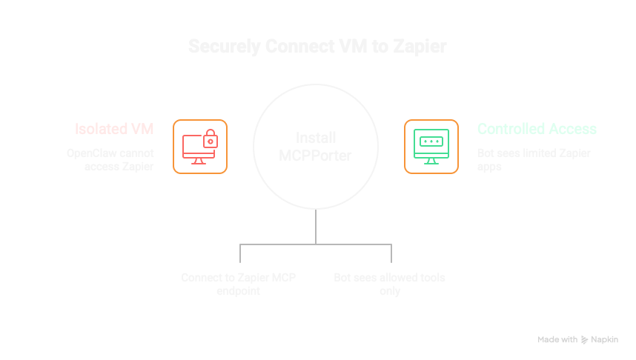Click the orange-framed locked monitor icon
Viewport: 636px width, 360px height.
pyautogui.click(x=200, y=147)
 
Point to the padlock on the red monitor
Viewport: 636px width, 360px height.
pyautogui.click(x=211, y=137)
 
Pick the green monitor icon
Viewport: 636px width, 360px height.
pyautogui.click(x=431, y=147)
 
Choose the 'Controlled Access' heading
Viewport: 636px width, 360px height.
pyautogui.click(x=537, y=129)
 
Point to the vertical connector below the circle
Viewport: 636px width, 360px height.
pyautogui.click(x=317, y=225)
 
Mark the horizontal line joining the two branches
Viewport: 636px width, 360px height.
pyautogui.click(x=317, y=243)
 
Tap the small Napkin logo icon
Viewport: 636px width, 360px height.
pyautogui.click(x=585, y=339)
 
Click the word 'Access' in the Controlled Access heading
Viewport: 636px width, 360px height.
pyautogui.click(x=572, y=129)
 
